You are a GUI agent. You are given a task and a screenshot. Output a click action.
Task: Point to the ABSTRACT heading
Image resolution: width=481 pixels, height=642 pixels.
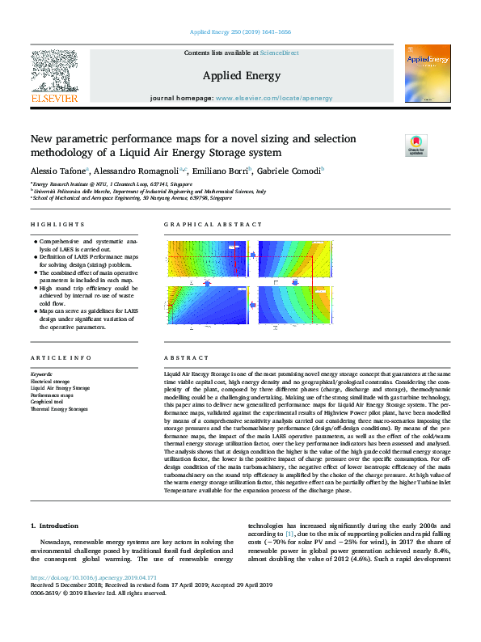181,357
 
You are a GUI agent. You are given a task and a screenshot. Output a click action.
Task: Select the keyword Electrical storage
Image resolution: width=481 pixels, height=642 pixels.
51,381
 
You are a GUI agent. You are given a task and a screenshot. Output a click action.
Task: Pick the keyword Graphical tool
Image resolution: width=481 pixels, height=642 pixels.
48,402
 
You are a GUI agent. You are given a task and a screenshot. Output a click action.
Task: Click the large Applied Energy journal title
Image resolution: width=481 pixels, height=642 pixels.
241,76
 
